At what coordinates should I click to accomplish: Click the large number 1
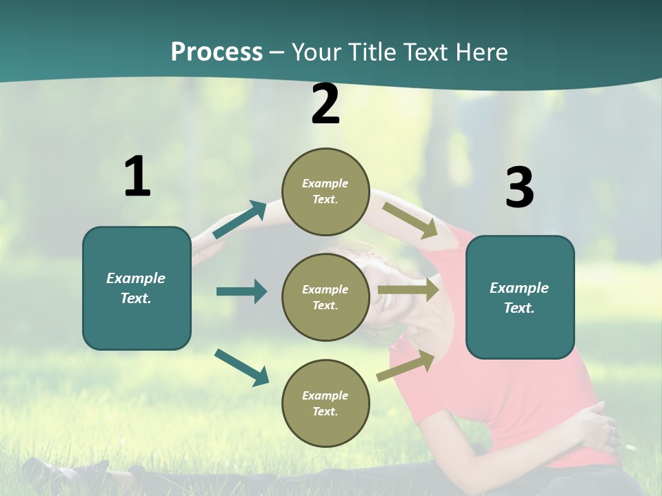pyautogui.click(x=137, y=176)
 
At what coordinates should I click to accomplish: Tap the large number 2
pyautogui.click(x=325, y=105)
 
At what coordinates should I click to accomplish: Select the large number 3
pyautogui.click(x=519, y=188)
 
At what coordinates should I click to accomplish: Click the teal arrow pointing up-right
pyautogui.click(x=240, y=220)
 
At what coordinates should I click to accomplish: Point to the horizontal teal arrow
pyautogui.click(x=241, y=291)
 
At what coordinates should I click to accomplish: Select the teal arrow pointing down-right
pyautogui.click(x=242, y=366)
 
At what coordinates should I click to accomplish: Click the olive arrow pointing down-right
pyautogui.click(x=410, y=220)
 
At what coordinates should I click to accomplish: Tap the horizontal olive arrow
pyautogui.click(x=408, y=290)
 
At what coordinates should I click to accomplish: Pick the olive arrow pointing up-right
pyautogui.click(x=406, y=365)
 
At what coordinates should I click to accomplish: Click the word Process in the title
pyautogui.click(x=217, y=52)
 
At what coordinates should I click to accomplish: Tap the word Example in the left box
pyautogui.click(x=136, y=278)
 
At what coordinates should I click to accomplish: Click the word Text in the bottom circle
pyautogui.click(x=324, y=412)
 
